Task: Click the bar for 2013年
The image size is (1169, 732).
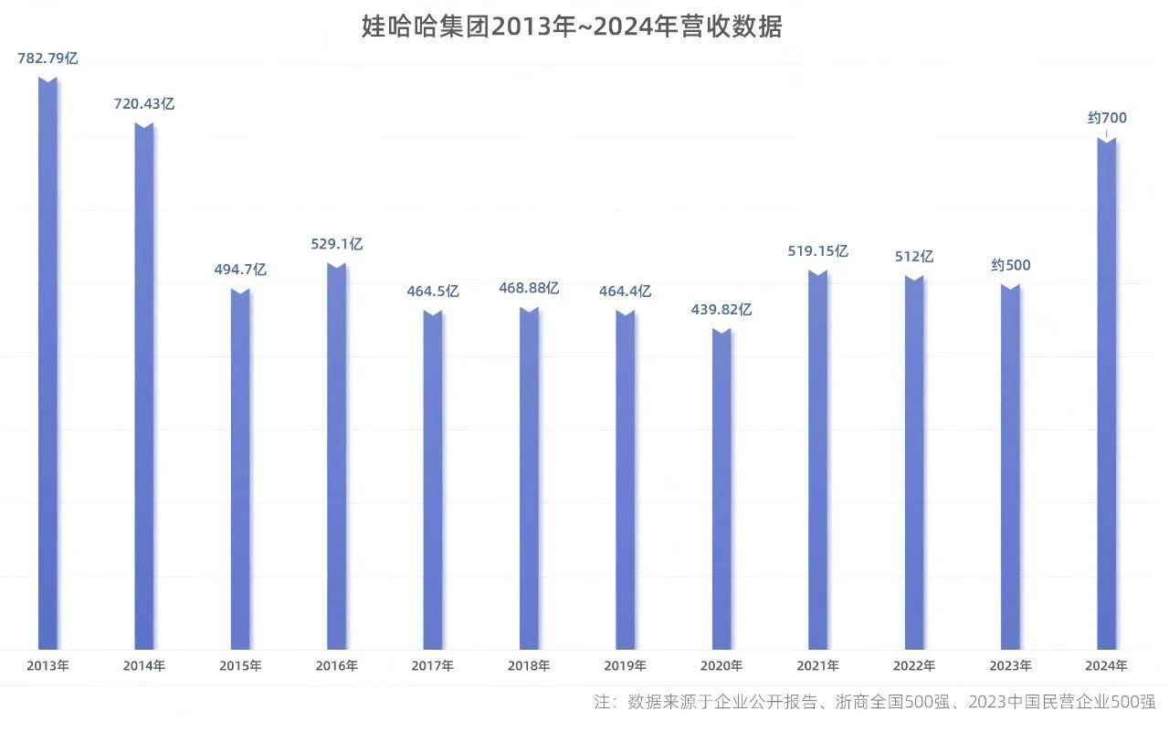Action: pyautogui.click(x=47, y=366)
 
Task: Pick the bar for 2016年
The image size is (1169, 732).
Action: pyautogui.click(x=337, y=457)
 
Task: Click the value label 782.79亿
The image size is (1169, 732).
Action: pyautogui.click(x=47, y=58)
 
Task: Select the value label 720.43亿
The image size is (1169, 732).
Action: pyautogui.click(x=144, y=104)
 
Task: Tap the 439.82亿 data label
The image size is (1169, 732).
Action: pyautogui.click(x=721, y=310)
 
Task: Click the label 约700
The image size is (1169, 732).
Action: pyautogui.click(x=1107, y=118)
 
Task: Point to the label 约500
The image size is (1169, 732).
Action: pyautogui.click(x=1011, y=266)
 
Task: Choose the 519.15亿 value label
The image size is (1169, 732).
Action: pyautogui.click(x=818, y=251)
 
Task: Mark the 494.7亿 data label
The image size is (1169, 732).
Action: pyautogui.click(x=240, y=271)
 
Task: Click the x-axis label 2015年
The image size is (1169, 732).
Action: pyautogui.click(x=240, y=666)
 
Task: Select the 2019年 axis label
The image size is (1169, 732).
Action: pyautogui.click(x=626, y=666)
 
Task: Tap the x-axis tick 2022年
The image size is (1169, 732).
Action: pyautogui.click(x=914, y=666)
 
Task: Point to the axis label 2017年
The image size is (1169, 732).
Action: pyautogui.click(x=433, y=666)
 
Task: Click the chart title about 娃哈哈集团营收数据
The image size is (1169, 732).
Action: pyautogui.click(x=572, y=27)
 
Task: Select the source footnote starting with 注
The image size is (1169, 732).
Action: pyautogui.click(x=874, y=703)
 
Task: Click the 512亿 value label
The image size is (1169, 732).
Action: pyautogui.click(x=914, y=257)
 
